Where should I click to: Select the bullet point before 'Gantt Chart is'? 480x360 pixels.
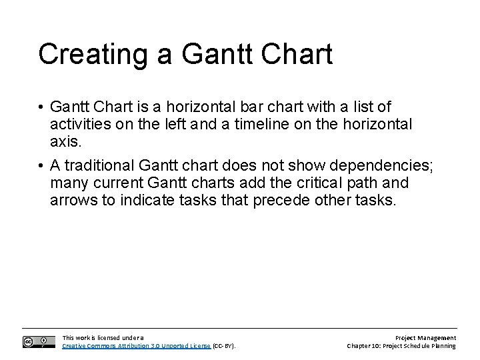pos(41,107)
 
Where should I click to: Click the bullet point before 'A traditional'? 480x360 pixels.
pos(41,166)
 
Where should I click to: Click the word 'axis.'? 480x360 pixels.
pos(64,142)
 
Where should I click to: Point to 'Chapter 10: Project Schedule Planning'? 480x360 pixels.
pos(401,346)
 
